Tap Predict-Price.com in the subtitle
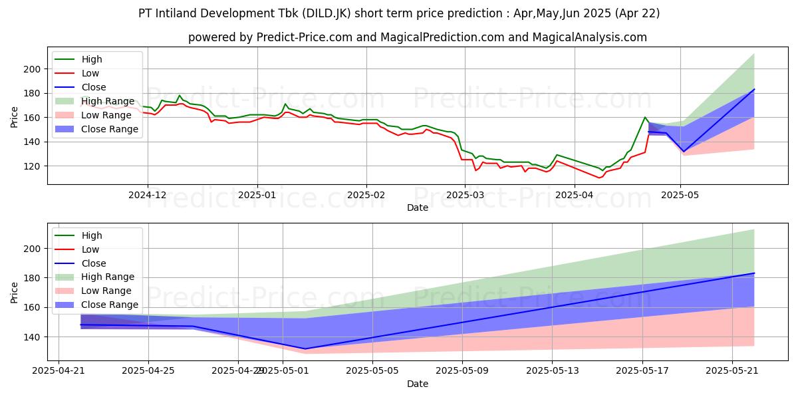305,37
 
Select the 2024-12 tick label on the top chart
148,196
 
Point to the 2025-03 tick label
465,196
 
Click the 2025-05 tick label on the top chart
680,196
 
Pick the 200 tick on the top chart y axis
33,69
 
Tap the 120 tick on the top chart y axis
33,166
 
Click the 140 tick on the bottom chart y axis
33,337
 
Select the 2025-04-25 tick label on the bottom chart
148,371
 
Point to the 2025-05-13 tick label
553,371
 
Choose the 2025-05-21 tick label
732,371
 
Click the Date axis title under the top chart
418,207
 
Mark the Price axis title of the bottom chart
14,293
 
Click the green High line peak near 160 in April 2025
645,117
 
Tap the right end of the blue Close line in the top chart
754,89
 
